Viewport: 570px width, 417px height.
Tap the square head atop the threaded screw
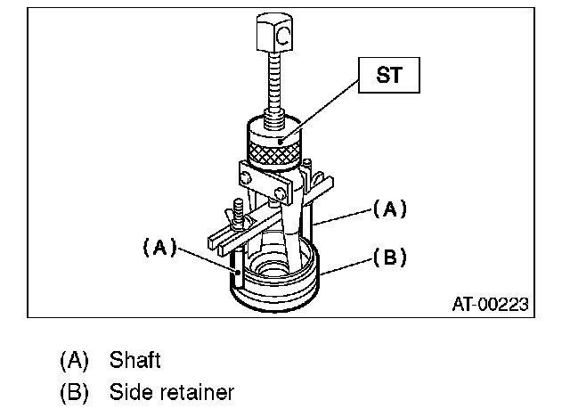[x=276, y=37]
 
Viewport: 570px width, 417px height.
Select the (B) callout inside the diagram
[x=388, y=258]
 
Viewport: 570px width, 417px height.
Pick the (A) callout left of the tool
[x=159, y=248]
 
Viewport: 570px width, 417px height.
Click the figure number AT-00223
[x=489, y=305]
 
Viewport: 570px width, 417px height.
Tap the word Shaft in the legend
[x=134, y=360]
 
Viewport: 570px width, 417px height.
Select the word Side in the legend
[x=130, y=391]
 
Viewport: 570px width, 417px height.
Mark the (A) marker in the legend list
[x=76, y=360]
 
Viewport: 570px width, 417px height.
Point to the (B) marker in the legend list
[x=76, y=391]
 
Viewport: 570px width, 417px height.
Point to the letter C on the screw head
[x=282, y=37]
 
